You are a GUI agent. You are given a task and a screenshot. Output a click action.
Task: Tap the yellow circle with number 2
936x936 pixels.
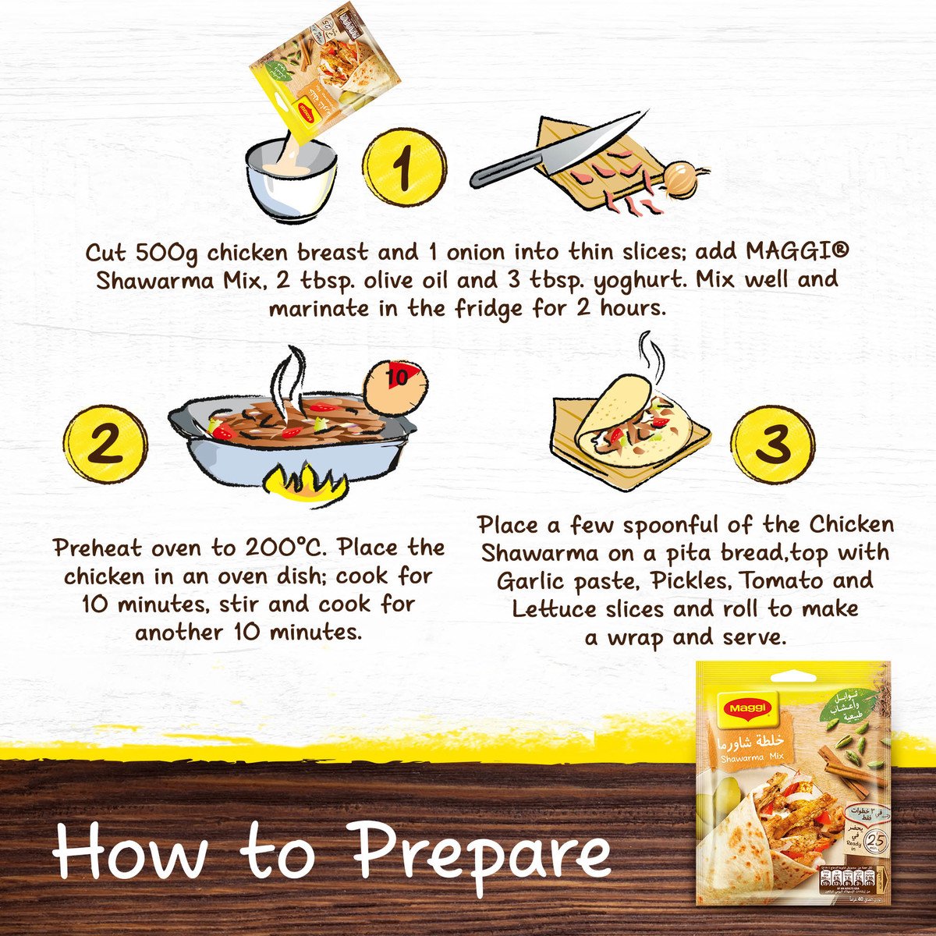tap(106, 445)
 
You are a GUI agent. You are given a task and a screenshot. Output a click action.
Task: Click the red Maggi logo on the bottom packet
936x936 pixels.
tap(748, 707)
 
